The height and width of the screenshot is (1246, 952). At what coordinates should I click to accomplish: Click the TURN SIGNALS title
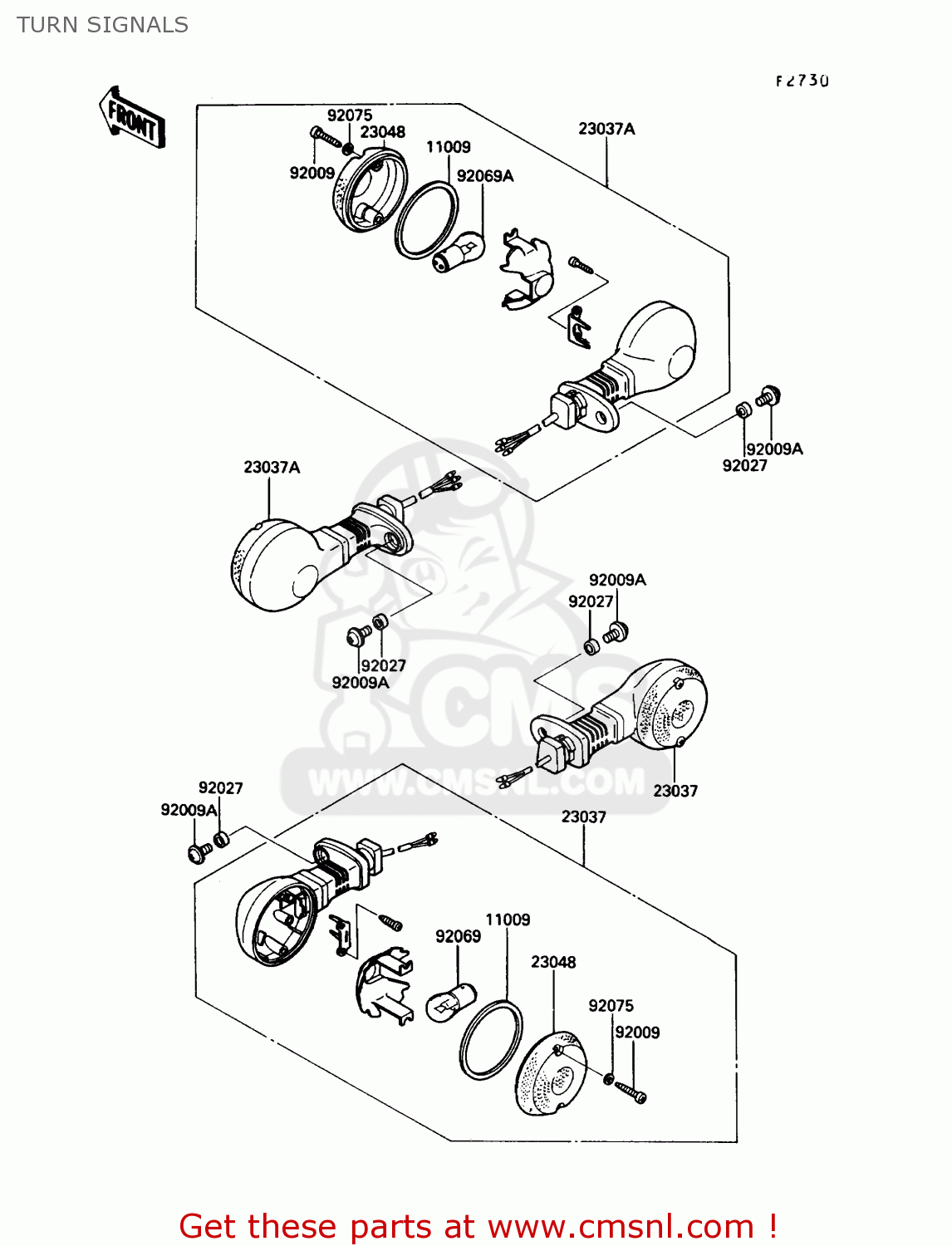102,25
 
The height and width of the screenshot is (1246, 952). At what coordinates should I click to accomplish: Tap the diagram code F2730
802,81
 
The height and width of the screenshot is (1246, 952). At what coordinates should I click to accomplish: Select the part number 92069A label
485,176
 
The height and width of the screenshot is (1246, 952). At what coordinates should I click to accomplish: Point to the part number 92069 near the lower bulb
458,936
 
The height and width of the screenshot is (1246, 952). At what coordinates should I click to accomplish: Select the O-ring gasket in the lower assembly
491,1040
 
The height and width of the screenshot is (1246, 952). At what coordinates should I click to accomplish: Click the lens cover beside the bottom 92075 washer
551,1074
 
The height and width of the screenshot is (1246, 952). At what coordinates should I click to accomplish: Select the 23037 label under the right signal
675,791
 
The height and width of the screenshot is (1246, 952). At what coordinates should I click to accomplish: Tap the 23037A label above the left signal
272,468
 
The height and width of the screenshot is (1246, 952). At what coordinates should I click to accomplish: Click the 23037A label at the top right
606,129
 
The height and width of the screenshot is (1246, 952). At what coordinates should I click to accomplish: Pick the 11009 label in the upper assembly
448,147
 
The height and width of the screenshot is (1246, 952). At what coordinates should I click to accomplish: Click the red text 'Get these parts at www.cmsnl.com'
478,1226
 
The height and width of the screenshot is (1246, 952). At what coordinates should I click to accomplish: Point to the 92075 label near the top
349,115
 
